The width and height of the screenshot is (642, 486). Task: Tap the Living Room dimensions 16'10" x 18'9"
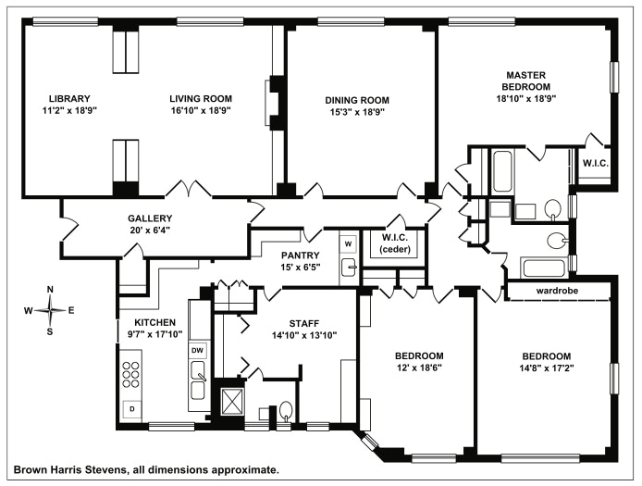200,110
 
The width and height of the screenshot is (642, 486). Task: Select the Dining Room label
356,100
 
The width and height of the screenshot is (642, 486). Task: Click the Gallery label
150,218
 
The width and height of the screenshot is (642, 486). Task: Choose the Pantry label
302,255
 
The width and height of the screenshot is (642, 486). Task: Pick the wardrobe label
558,291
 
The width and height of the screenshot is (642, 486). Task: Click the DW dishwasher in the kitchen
197,351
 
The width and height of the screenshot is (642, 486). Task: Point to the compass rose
50,310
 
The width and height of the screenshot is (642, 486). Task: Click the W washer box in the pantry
348,243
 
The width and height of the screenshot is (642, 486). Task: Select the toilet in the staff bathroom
287,411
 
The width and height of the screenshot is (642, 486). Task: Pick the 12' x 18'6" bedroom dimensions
419,368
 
